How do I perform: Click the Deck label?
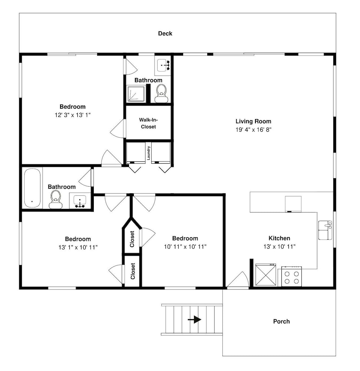point(165,33)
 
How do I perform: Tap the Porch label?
point(281,321)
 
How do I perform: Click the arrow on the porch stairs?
point(194,320)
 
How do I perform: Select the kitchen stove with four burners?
point(291,276)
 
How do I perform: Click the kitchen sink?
point(325,230)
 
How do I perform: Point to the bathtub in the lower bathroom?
point(32,188)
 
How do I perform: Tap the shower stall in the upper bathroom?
point(136,94)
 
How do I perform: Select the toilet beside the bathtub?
point(56,200)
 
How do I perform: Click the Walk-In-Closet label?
point(148,123)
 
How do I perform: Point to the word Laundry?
point(148,153)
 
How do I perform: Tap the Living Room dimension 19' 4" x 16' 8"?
point(253,129)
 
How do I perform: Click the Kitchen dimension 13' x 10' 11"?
point(280,247)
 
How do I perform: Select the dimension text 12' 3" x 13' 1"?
point(73,115)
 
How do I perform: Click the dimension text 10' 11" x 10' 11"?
point(185,247)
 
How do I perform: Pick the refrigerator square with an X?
point(266,275)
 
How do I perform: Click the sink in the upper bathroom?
point(163,65)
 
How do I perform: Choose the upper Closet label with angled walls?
point(132,239)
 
